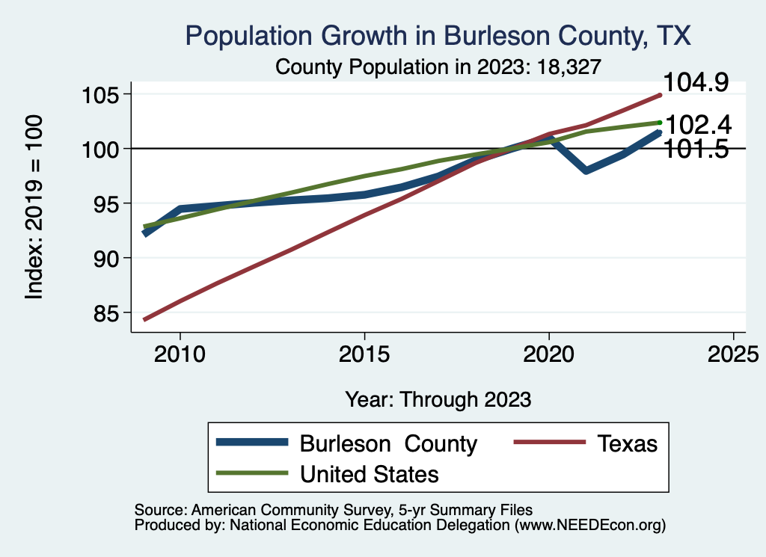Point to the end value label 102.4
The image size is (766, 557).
click(x=698, y=124)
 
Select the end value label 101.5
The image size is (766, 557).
click(x=696, y=150)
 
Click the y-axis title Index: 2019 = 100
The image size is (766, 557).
click(x=34, y=207)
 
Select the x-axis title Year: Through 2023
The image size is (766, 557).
click(x=438, y=399)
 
